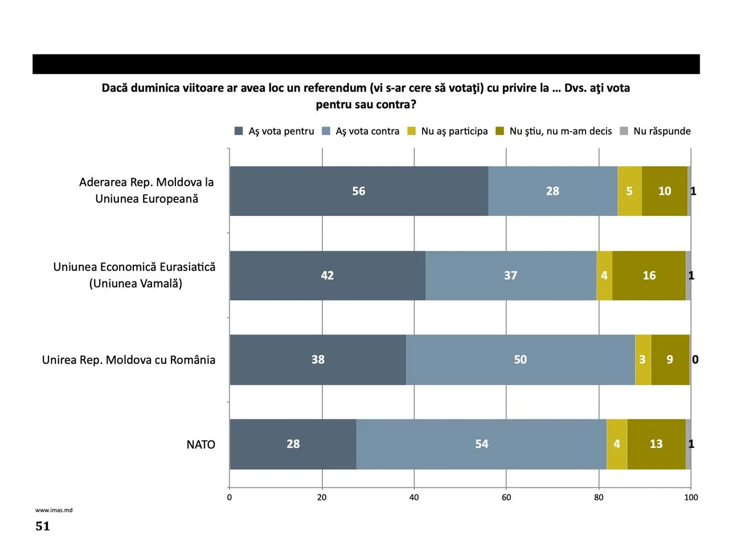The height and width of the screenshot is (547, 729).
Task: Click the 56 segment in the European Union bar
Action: (x=359, y=191)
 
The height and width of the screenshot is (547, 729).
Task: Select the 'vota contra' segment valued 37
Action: (x=510, y=275)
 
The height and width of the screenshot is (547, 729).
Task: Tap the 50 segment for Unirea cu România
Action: (x=520, y=360)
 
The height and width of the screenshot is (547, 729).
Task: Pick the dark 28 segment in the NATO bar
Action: (x=293, y=444)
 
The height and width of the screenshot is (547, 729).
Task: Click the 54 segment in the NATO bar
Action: (x=481, y=444)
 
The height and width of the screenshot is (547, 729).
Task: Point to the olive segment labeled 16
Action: (x=649, y=275)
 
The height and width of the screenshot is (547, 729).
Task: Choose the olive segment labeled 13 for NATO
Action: (x=656, y=444)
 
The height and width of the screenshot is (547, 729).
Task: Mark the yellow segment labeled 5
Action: (x=629, y=191)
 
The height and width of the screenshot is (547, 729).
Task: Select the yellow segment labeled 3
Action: (x=642, y=360)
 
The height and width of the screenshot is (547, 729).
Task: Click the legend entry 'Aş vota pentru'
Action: (x=275, y=131)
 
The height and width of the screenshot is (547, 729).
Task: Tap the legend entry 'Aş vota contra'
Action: (x=361, y=131)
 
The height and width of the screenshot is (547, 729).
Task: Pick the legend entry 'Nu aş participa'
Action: (x=448, y=131)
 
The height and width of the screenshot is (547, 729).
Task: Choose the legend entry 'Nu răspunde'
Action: (x=655, y=131)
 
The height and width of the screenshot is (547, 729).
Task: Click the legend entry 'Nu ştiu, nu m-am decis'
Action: (x=554, y=131)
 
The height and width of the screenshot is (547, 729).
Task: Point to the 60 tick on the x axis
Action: (x=506, y=497)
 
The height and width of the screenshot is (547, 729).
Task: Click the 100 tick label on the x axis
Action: (x=691, y=497)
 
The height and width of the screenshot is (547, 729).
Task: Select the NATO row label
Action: (x=200, y=444)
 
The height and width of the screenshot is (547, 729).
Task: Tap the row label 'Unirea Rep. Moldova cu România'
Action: (x=129, y=360)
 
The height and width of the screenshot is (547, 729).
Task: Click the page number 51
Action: (x=43, y=526)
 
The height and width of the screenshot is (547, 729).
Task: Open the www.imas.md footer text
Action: (x=54, y=510)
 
